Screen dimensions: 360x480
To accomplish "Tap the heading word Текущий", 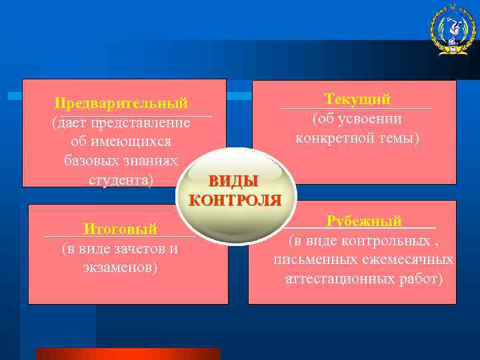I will point(357,99).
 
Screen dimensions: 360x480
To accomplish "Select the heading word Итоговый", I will point(120,229).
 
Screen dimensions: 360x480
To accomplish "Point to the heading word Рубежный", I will point(364,221).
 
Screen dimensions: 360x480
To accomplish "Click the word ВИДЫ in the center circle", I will point(233,181).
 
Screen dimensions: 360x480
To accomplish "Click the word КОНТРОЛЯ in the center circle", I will point(235,200).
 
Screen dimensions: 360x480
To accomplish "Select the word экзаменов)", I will point(120,267).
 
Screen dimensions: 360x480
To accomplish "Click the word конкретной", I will point(337,138).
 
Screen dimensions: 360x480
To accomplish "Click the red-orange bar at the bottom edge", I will point(127,353).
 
